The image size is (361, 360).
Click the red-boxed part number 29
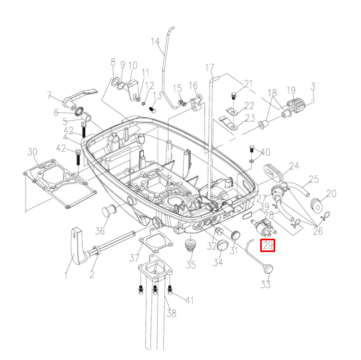269,245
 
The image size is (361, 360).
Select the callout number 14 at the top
155,41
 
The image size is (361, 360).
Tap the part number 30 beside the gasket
32,152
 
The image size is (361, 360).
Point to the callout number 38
172,313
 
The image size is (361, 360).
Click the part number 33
266,284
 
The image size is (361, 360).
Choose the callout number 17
209,68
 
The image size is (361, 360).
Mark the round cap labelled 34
219,245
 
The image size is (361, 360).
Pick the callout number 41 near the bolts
189,301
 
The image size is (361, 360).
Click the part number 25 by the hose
314,180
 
